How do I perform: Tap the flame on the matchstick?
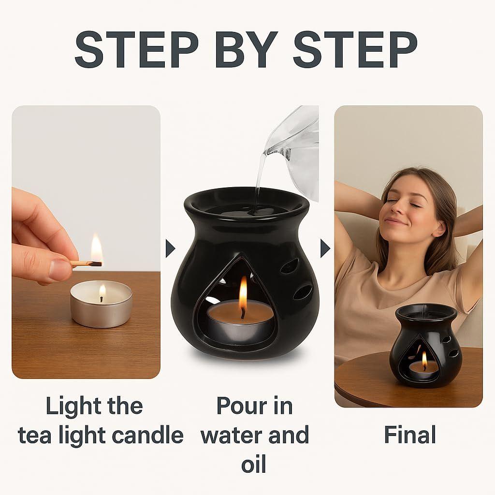point(97,249)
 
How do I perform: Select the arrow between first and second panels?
point(170,248)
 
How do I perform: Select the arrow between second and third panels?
point(325,248)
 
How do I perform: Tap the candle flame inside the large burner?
point(243,292)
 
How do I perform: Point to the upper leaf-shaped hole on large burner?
point(290,266)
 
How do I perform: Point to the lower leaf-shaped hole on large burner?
point(303,292)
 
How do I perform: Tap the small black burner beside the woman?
point(425,346)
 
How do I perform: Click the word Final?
point(409,435)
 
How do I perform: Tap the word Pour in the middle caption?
point(240,406)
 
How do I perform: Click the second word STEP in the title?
point(355,49)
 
